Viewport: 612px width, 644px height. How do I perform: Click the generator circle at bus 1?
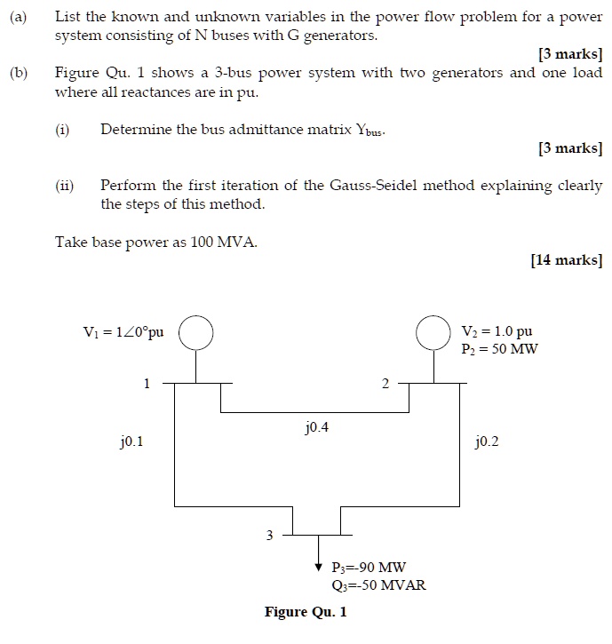196,333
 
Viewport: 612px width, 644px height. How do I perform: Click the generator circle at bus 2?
434,333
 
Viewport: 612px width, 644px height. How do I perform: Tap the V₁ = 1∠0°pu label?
123,332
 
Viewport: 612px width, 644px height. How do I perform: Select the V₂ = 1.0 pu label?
497,331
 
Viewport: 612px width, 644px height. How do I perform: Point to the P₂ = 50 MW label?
499,348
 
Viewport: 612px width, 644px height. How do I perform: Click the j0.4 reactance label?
316,428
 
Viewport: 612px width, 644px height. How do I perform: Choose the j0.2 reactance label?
487,441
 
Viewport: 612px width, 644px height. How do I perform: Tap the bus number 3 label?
272,535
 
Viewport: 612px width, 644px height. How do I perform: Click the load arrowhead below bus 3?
319,566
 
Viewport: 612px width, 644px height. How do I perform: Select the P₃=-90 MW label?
369,568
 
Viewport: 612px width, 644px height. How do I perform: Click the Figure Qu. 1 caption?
306,612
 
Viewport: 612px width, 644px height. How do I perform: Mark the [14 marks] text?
566,260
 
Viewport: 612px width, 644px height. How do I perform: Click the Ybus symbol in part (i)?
370,131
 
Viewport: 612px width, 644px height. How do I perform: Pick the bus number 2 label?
385,384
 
